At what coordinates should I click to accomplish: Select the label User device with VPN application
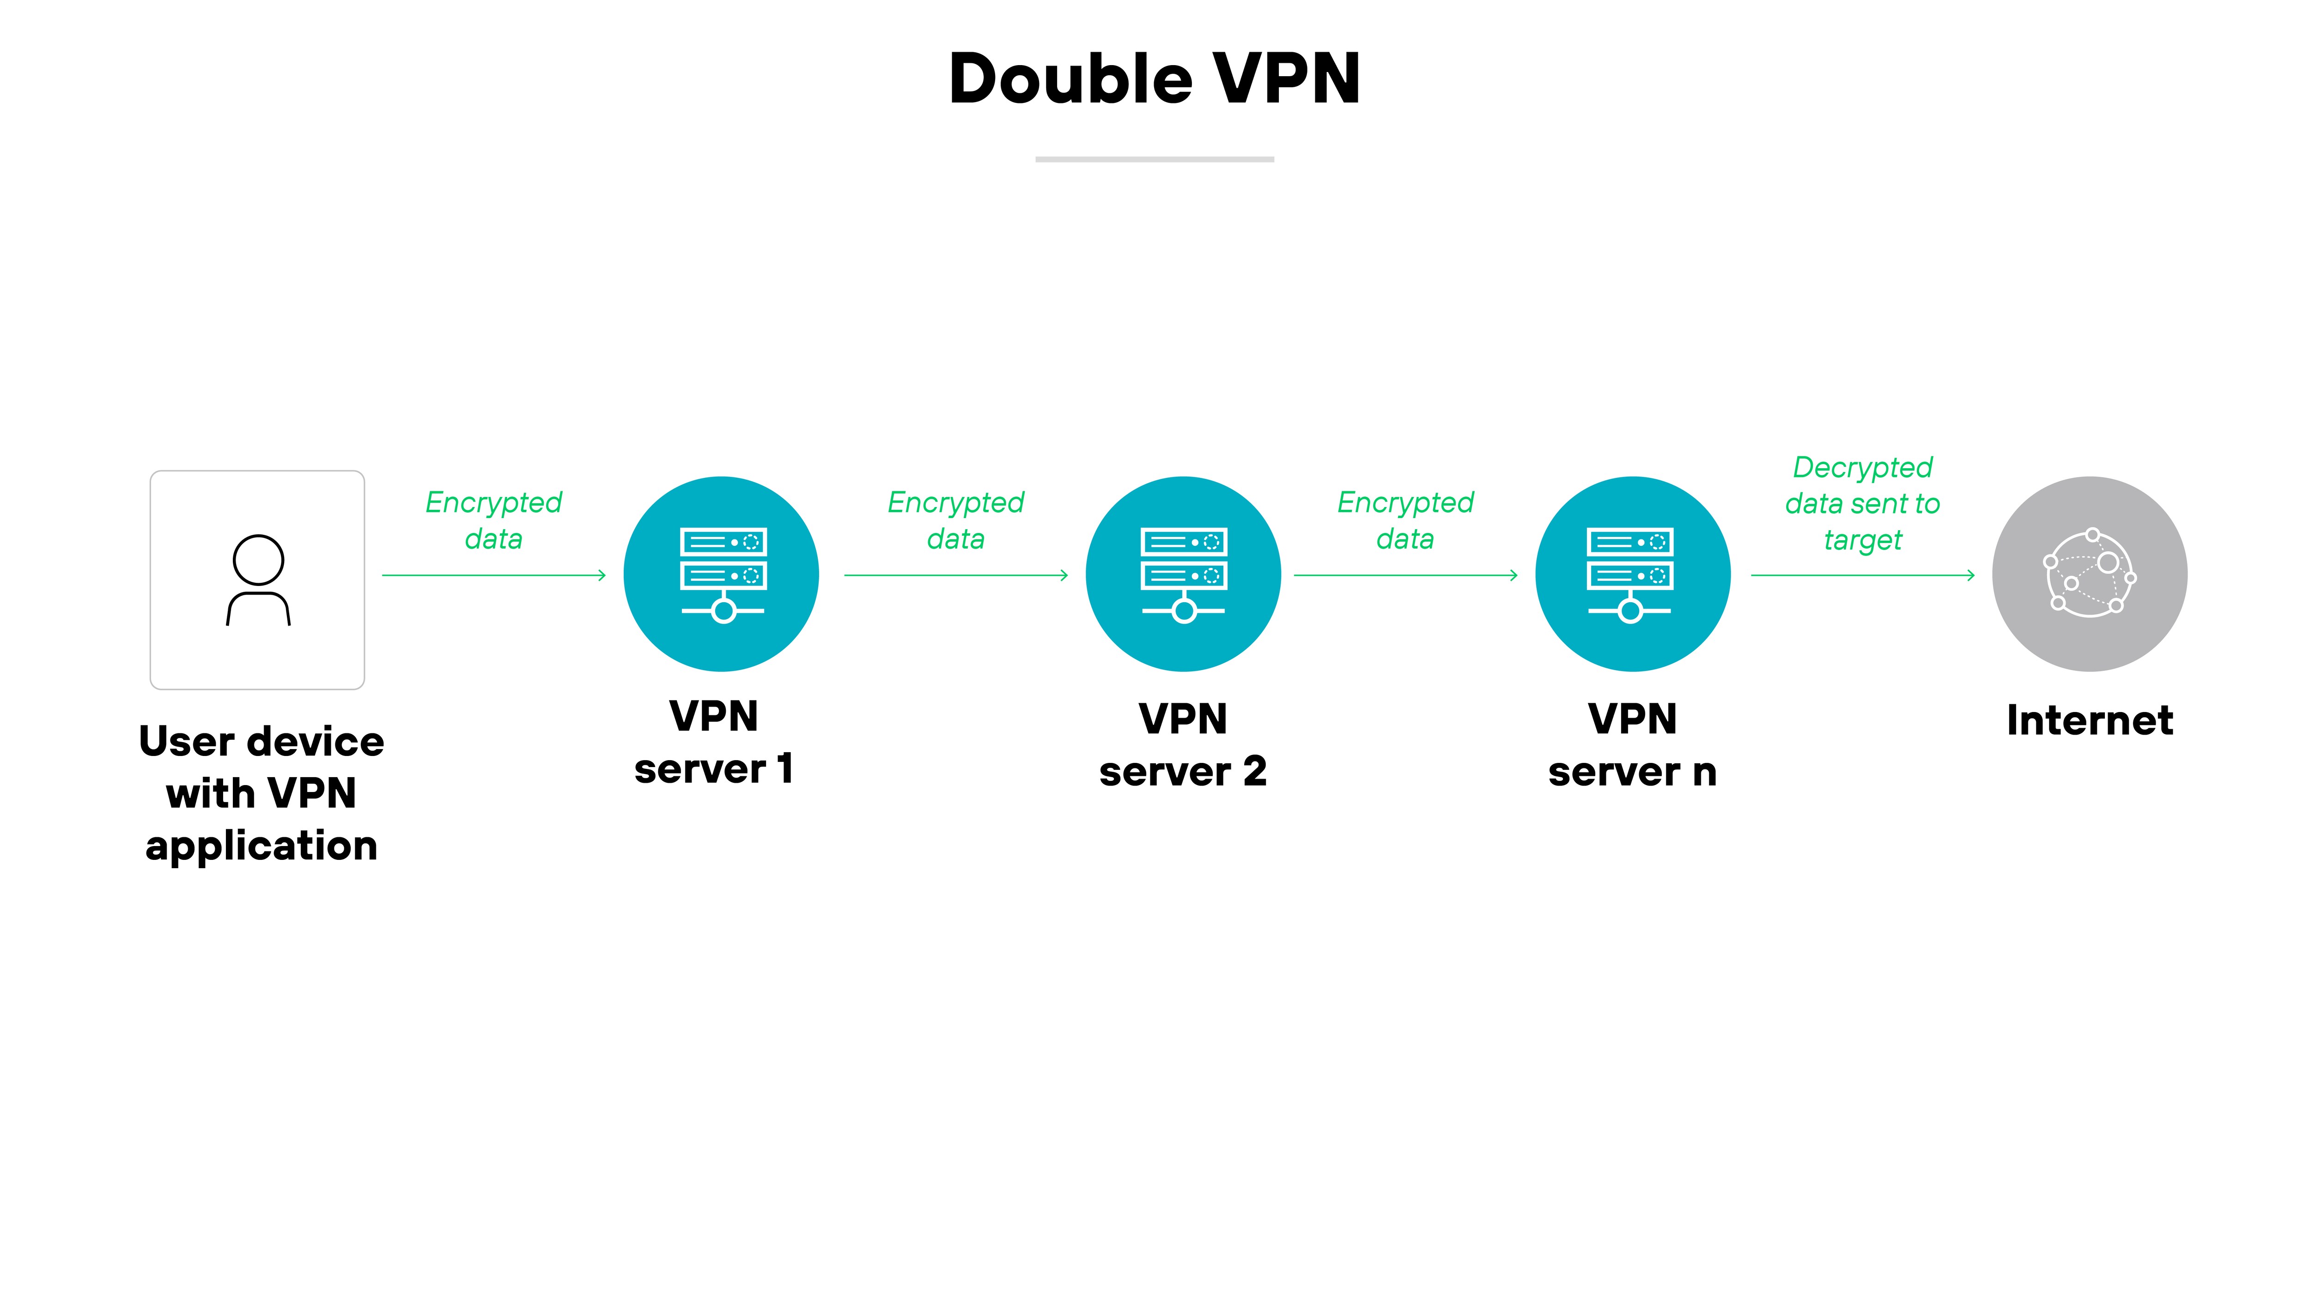(x=261, y=793)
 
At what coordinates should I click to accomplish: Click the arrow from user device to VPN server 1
(x=494, y=574)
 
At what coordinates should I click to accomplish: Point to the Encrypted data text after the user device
(x=493, y=520)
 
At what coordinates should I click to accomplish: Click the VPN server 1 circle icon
(x=721, y=574)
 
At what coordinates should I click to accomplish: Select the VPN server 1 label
(x=714, y=742)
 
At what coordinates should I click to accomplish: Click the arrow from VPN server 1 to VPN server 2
(x=956, y=574)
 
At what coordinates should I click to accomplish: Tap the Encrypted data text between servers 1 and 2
(x=956, y=520)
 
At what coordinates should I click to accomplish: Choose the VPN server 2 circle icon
(x=1183, y=574)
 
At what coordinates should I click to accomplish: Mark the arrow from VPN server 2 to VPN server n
(x=1405, y=574)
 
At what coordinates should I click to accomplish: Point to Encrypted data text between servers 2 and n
(x=1405, y=520)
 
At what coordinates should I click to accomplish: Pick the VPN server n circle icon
(x=1632, y=574)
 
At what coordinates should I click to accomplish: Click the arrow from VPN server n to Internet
(x=1862, y=574)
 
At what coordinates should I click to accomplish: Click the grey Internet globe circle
(x=2090, y=574)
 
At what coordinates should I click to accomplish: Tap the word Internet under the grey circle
(x=2090, y=720)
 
